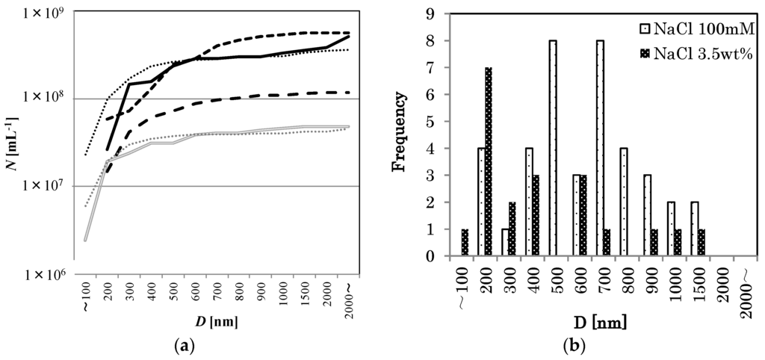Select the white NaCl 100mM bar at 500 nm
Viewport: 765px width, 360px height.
tap(552, 148)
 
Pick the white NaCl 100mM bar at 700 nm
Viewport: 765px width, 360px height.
tap(599, 148)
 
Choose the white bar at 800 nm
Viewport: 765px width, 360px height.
tap(623, 202)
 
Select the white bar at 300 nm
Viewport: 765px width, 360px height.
tap(505, 243)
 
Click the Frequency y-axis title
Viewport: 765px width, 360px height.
tap(401, 134)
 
